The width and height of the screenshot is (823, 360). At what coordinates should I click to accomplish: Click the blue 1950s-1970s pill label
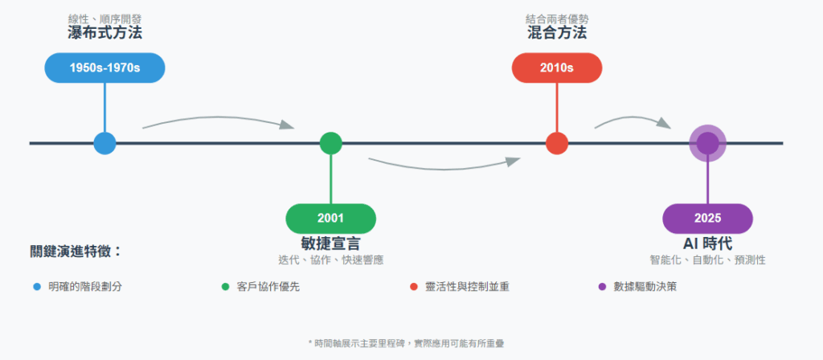click(x=104, y=67)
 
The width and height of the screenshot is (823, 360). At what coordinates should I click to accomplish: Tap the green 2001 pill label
click(x=330, y=219)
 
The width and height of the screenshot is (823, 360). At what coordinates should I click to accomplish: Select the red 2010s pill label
click(x=556, y=67)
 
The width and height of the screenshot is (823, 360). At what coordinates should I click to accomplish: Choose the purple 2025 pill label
click(x=707, y=219)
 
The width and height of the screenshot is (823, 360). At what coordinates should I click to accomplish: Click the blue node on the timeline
click(x=104, y=143)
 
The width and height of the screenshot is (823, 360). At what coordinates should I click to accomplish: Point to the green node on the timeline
click(x=330, y=143)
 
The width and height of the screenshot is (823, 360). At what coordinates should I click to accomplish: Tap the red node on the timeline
click(x=556, y=143)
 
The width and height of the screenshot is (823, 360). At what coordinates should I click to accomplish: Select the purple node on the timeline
click(x=707, y=143)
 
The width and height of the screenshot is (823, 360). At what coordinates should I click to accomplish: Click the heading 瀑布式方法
click(x=104, y=34)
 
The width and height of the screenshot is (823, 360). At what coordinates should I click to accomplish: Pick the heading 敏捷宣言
click(x=330, y=243)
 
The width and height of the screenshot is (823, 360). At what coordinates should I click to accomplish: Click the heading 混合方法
click(x=556, y=34)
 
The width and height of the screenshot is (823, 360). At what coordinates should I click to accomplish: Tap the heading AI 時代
click(x=707, y=243)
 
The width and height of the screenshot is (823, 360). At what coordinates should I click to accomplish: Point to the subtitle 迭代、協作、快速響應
click(x=330, y=260)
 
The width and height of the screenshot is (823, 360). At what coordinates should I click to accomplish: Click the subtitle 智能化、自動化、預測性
click(x=707, y=260)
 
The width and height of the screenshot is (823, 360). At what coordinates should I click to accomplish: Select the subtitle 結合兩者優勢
click(x=556, y=18)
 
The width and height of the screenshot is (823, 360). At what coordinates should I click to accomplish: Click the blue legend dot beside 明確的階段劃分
click(x=36, y=286)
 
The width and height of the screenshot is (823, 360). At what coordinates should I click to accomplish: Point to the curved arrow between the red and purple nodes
click(x=632, y=121)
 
